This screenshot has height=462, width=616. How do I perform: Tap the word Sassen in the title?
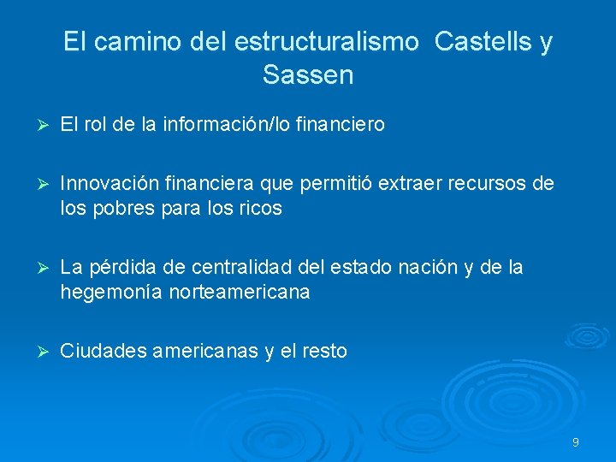click(308, 75)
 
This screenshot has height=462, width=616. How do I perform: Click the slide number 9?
click(576, 442)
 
